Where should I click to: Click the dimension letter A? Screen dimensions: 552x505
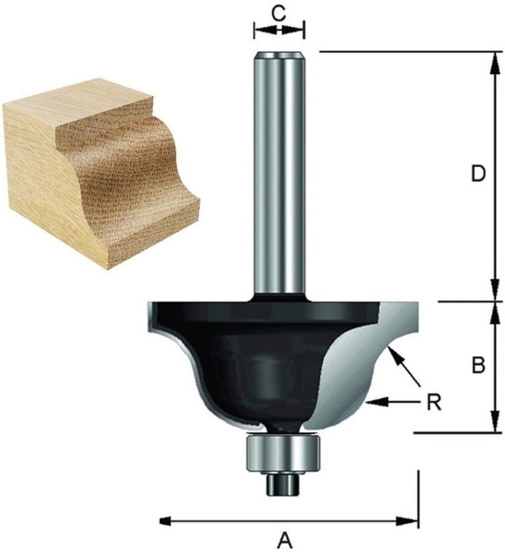click(x=286, y=538)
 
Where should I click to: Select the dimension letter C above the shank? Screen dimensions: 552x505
click(x=278, y=13)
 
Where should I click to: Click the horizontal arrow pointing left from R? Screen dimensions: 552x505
click(x=390, y=402)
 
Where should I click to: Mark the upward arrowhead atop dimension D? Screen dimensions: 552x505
click(x=492, y=58)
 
